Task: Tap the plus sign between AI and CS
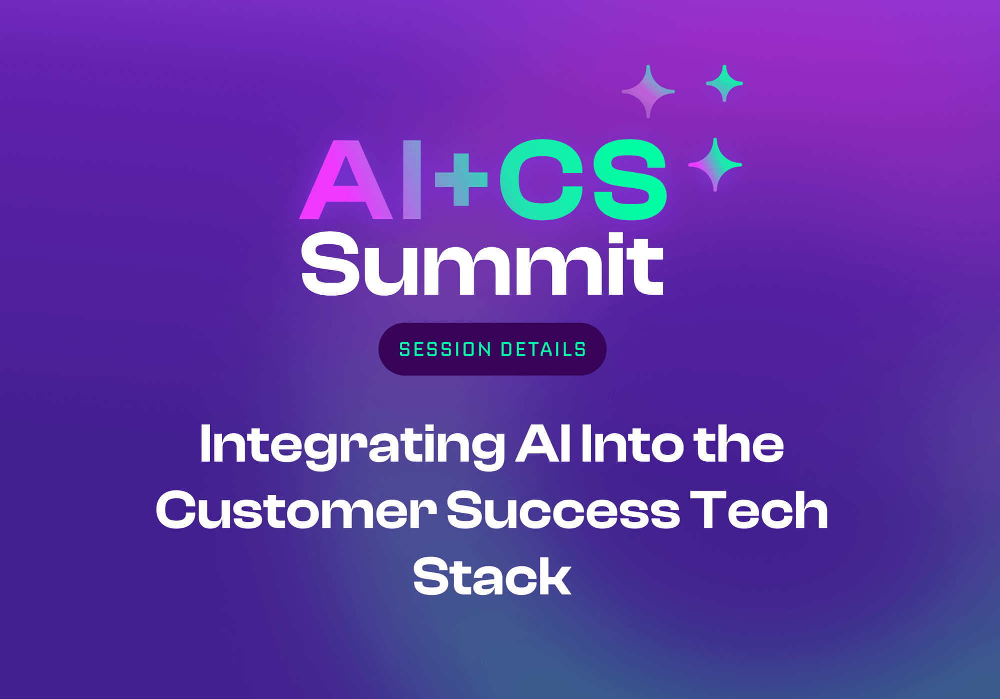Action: coord(461,180)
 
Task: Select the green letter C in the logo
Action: coord(541,180)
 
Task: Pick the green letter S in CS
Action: coord(628,180)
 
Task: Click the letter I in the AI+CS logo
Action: coord(411,180)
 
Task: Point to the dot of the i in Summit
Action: coord(613,240)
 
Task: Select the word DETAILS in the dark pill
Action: coord(543,350)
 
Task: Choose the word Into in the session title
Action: coord(632,444)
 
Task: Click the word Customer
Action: coord(296,510)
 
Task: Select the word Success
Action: coord(563,510)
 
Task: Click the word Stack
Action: coord(492,577)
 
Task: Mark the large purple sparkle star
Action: coord(648,92)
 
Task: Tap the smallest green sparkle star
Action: coord(724,84)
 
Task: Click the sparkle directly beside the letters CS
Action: coord(715,165)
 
